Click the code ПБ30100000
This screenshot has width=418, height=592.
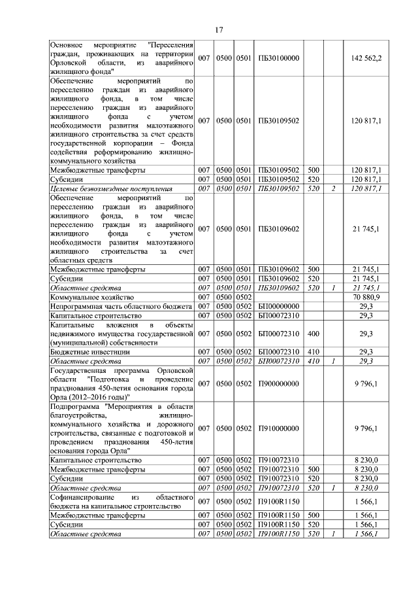(279, 58)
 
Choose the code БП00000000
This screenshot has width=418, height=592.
(279, 306)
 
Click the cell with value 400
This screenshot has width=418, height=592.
(313, 334)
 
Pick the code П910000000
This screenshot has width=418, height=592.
(279, 428)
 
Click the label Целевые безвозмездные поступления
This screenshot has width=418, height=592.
(111, 188)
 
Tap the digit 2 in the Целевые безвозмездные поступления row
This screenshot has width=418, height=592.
(333, 188)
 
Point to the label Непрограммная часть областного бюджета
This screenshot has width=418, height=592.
(121, 306)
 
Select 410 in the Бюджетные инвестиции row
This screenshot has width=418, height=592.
(313, 351)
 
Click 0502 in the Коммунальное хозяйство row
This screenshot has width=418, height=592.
(244, 297)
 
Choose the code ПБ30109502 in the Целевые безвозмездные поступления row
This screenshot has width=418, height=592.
(279, 188)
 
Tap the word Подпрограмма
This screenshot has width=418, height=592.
(75, 406)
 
